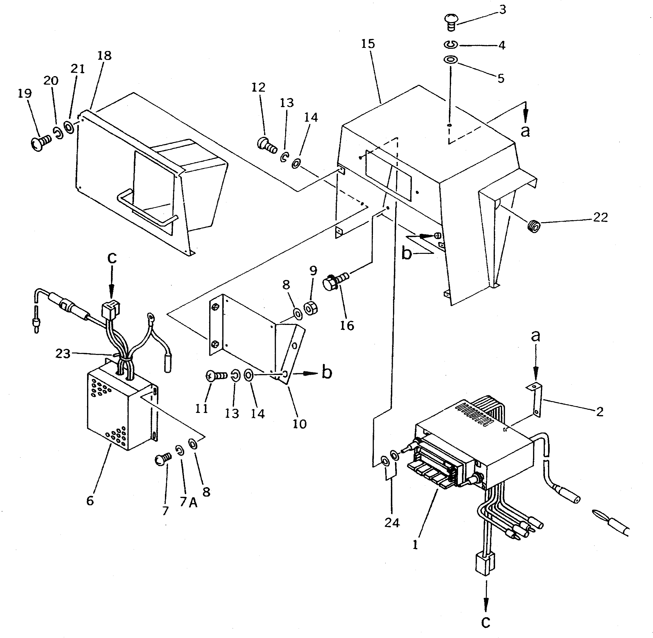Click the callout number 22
click(600, 218)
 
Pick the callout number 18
click(104, 56)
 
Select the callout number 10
click(299, 424)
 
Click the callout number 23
click(63, 353)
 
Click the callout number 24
click(392, 522)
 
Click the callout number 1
click(415, 545)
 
